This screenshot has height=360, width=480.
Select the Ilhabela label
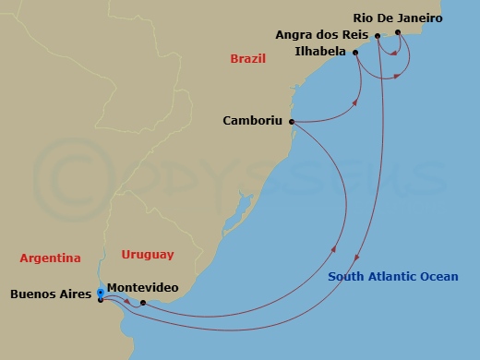(x=321, y=52)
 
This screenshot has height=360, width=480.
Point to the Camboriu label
(x=252, y=120)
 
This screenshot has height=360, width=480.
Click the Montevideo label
(x=143, y=288)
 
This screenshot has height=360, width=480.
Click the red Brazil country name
(x=247, y=59)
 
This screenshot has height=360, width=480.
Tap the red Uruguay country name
(x=147, y=255)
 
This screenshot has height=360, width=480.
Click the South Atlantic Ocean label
(x=392, y=276)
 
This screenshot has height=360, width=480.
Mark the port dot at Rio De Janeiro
(x=398, y=32)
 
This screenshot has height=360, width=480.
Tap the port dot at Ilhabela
(x=356, y=53)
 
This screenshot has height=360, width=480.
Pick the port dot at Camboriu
(x=291, y=121)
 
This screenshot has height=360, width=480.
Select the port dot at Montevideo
(x=142, y=302)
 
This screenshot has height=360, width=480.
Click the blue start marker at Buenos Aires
(x=100, y=294)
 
